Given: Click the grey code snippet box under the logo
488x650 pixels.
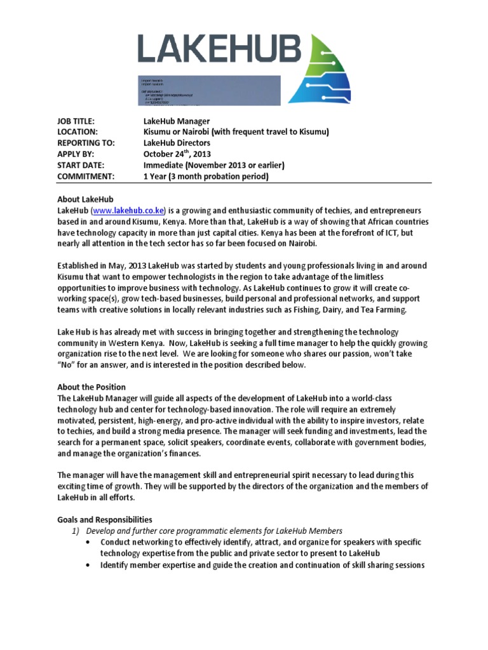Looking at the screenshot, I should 208,90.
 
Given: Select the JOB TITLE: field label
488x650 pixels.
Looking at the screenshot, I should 85,121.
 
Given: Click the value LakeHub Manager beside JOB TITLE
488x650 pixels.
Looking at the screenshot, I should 176,121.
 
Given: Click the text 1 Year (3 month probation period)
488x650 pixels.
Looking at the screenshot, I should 206,176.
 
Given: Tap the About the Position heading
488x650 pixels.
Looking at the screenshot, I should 91,387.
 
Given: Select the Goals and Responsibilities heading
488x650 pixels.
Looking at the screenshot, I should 105,519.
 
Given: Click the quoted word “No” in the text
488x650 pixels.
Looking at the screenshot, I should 69,365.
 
